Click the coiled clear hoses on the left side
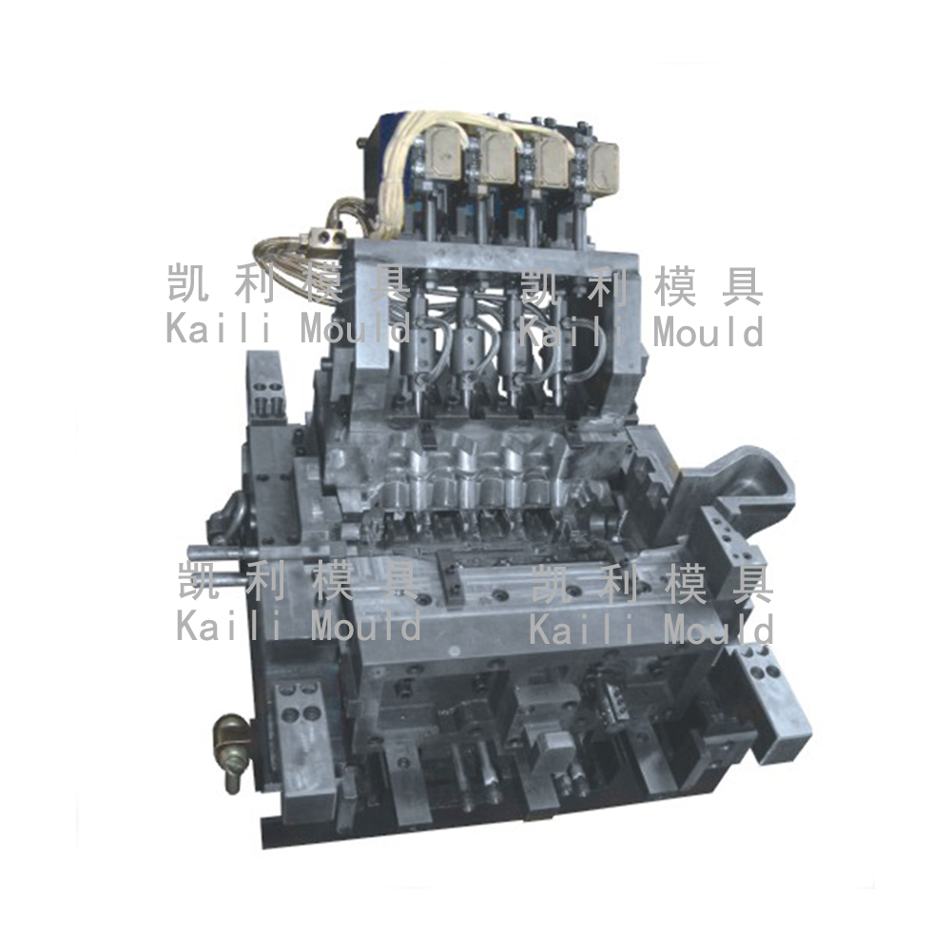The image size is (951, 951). point(285,255)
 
